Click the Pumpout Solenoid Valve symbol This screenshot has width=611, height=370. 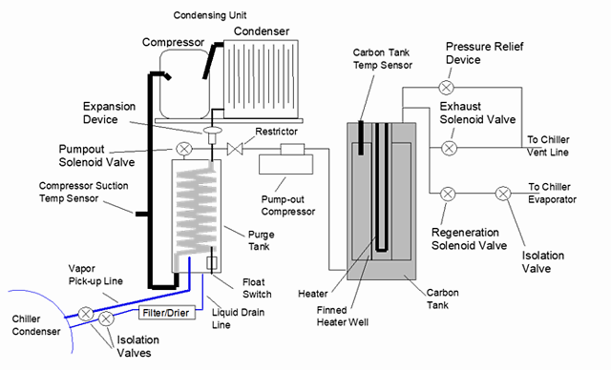184,149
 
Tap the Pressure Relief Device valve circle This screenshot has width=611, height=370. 446,88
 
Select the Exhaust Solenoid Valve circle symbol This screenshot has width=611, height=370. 449,148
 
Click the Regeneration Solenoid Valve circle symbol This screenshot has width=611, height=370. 448,194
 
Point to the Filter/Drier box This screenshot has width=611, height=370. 167,313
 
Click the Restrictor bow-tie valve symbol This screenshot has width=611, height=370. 235,149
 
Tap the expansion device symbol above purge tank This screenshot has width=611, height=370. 212,134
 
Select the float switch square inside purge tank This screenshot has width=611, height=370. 212,263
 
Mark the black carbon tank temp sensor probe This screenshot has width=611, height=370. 361,137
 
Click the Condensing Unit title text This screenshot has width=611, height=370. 210,15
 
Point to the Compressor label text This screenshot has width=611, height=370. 173,42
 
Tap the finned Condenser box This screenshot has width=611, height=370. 261,79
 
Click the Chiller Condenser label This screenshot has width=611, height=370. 36,325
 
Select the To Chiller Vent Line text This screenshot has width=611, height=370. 548,146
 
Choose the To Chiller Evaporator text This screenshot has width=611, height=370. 552,193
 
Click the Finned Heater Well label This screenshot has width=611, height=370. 342,316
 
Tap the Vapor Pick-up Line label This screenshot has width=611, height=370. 95,275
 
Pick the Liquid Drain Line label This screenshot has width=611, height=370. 238,319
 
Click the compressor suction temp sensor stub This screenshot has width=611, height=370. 141,214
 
